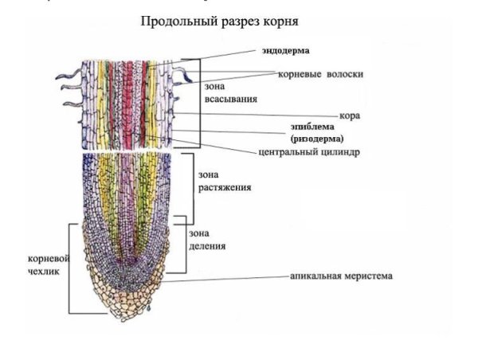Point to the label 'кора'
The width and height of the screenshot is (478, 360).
coord(349,115)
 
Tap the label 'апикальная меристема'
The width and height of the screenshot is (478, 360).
coord(341,276)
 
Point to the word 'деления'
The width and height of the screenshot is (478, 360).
coord(207,245)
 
